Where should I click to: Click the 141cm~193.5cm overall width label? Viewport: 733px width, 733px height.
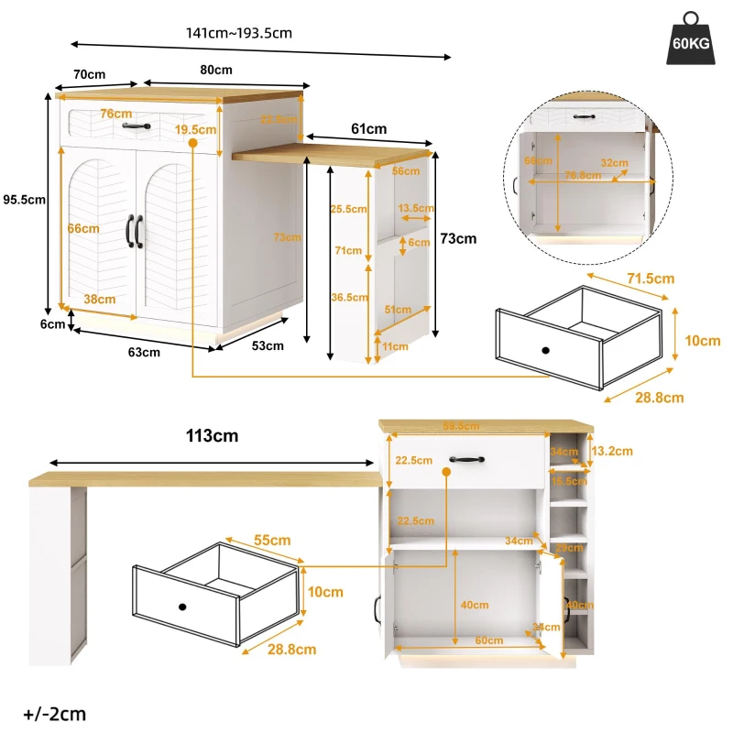coord(239,33)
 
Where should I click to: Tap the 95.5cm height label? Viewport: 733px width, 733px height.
coord(24,199)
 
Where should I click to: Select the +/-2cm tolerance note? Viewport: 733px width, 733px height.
coord(43,713)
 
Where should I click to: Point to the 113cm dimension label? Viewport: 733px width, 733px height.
coord(212,435)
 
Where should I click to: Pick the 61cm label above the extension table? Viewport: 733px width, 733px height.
coord(369,128)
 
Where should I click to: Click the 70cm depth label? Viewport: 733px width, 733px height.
coord(89,73)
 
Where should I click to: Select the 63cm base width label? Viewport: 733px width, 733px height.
coord(144,351)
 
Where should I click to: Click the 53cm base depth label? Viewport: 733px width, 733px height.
coord(268,345)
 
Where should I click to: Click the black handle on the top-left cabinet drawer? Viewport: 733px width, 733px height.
coord(136,126)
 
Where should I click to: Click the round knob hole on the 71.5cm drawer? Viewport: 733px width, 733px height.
coord(544,351)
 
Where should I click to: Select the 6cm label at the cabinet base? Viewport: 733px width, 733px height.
coord(52,323)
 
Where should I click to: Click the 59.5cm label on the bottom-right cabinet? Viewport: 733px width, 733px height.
coord(460,425)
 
